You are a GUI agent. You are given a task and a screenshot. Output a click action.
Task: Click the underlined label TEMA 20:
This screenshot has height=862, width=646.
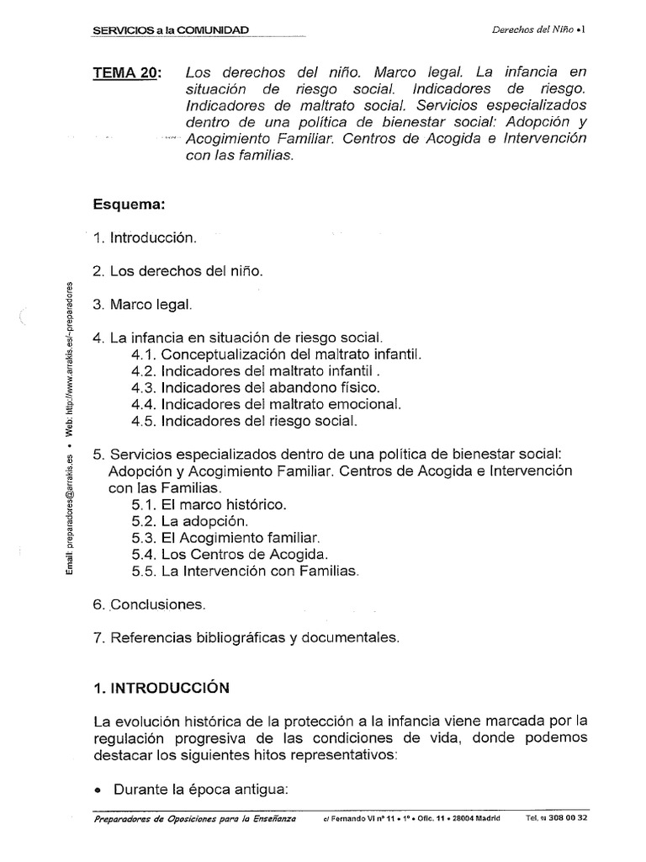tap(128, 73)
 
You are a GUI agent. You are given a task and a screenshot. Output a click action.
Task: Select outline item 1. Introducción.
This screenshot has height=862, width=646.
tap(145, 238)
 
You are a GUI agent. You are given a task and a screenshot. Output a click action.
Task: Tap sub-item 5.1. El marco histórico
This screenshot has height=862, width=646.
tap(209, 505)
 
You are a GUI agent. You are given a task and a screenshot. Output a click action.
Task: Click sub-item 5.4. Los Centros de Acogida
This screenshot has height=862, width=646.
tap(230, 554)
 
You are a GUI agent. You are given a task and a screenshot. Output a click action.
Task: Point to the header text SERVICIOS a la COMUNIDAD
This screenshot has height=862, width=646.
tap(172, 30)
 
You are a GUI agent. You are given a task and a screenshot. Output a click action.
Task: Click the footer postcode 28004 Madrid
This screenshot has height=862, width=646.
tap(474, 817)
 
